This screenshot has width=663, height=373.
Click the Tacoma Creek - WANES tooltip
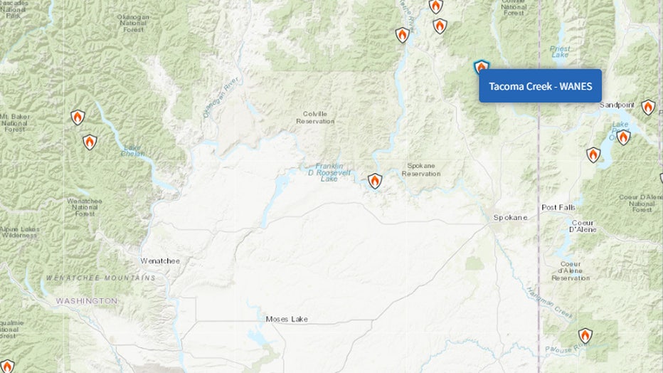click(540, 86)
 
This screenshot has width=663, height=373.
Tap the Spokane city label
click(511, 217)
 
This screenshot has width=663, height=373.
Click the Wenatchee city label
click(160, 261)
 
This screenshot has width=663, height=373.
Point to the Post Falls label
click(558, 208)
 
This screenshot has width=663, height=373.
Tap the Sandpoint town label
click(617, 105)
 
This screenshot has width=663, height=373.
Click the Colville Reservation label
click(315, 117)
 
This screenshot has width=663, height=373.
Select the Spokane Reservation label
click(421, 169)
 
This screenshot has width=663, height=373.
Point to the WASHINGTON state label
click(87, 301)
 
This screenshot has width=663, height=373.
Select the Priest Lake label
click(561, 51)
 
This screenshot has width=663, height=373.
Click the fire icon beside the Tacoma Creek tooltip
click(482, 68)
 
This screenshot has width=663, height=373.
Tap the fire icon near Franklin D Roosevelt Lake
click(375, 181)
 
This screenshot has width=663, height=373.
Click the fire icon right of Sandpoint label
click(647, 107)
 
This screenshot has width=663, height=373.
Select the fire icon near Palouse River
click(585, 335)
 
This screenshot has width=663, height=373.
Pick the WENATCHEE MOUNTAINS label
click(100, 277)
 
